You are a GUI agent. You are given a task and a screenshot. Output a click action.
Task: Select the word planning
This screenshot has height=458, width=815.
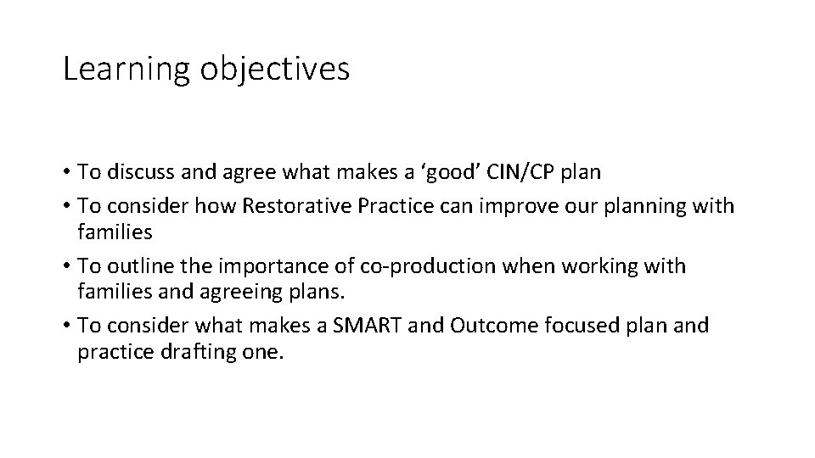(x=615, y=206)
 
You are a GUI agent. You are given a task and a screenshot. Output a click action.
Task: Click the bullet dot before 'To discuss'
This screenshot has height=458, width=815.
(x=67, y=173)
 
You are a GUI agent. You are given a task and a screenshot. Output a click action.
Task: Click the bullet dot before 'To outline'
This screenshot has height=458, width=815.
(x=67, y=266)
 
